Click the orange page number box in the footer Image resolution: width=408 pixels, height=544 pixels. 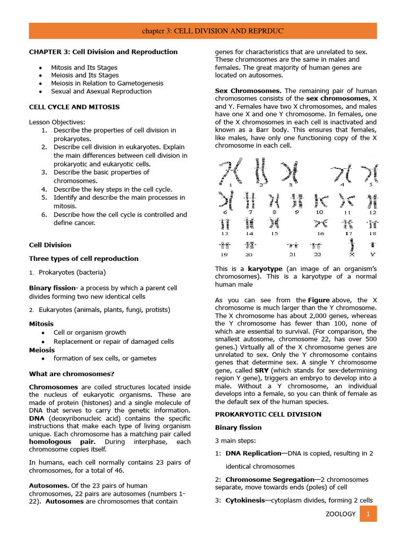pyautogui.click(x=368, y=514)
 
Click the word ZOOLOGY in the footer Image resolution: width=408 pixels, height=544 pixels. pyautogui.click(x=340, y=514)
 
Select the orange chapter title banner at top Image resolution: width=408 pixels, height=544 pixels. pyautogui.click(x=204, y=31)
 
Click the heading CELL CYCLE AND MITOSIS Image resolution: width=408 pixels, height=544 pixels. pyautogui.click(x=74, y=107)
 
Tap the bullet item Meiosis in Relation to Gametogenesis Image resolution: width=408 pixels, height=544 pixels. pyautogui.click(x=107, y=83)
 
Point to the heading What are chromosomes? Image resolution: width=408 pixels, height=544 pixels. pyautogui.click(x=72, y=373)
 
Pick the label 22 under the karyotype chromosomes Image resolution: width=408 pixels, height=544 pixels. pyautogui.click(x=317, y=254)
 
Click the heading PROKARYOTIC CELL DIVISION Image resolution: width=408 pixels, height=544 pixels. pyautogui.click(x=268, y=414)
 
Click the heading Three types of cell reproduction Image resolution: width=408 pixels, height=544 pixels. pyautogui.click(x=83, y=259)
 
